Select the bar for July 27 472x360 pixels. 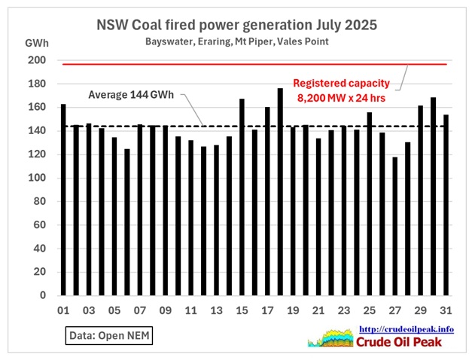pos(394,226)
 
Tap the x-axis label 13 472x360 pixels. pos(216,310)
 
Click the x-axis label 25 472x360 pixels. pos(369,310)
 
